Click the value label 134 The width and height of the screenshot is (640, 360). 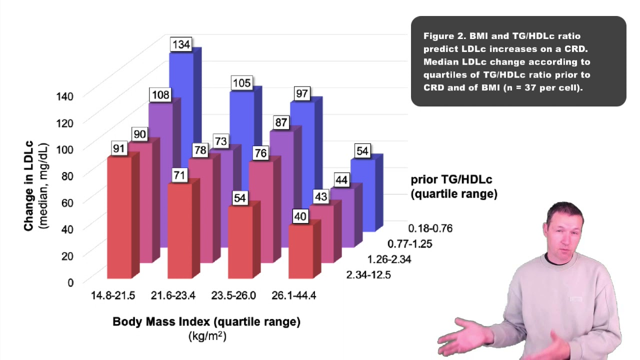coord(181,44)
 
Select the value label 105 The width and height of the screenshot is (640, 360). coord(242,83)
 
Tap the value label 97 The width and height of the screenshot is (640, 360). coord(302,93)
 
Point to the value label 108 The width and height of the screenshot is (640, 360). coord(160,95)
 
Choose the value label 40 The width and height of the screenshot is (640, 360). coord(301,217)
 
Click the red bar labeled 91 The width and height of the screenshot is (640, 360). coord(119,217)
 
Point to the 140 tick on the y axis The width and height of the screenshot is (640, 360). coord(63,96)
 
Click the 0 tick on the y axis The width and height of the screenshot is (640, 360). coord(70,282)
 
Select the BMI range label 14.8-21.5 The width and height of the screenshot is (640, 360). coord(113,295)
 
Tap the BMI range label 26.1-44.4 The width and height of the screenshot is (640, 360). coord(293,295)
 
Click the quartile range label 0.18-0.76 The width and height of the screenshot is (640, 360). coord(430,228)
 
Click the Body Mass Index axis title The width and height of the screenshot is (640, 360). coord(206,321)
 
